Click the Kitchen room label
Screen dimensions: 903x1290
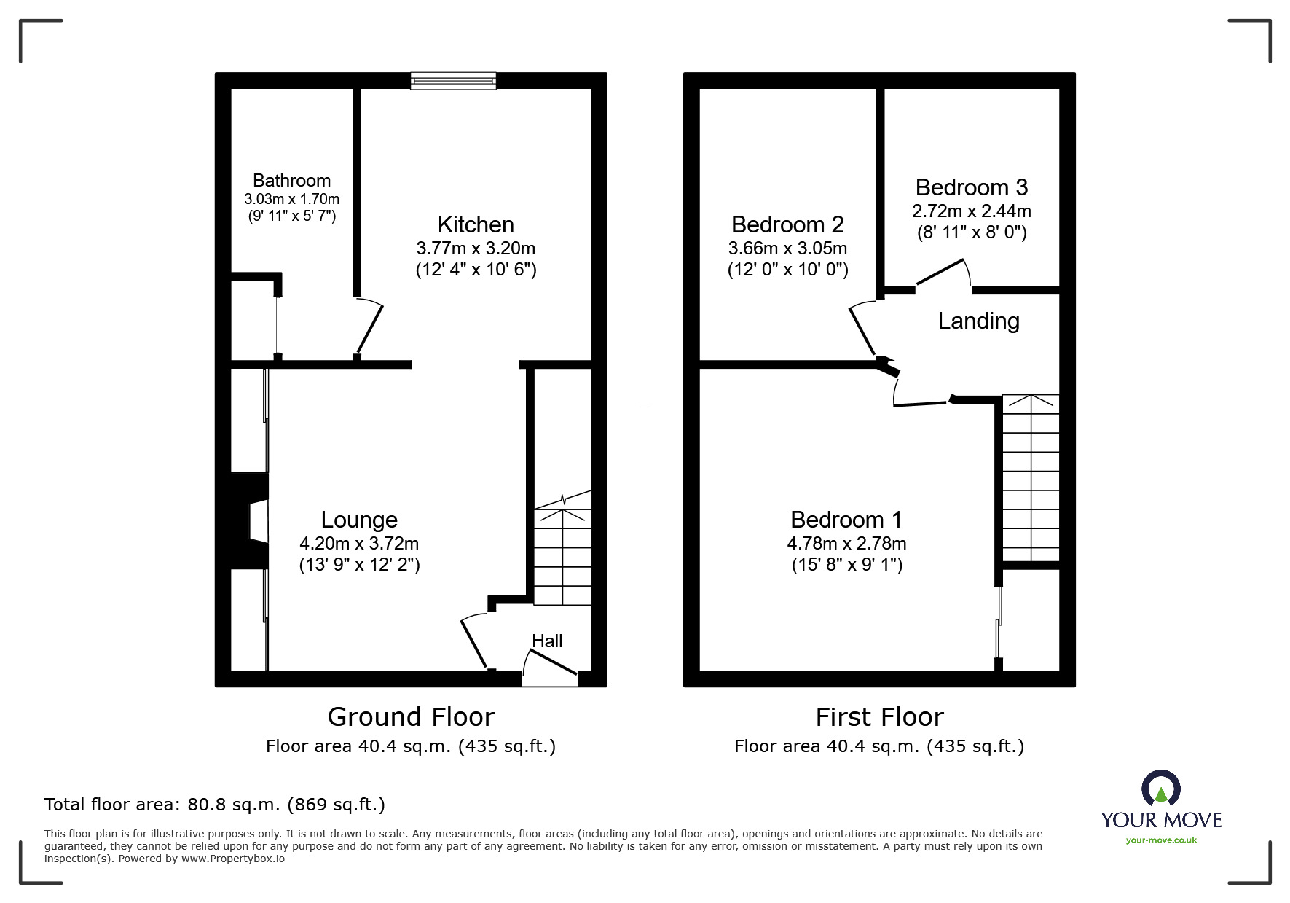[x=476, y=224]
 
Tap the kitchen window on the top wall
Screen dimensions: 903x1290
[x=453, y=80]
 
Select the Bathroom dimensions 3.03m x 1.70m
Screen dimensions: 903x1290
[x=291, y=199]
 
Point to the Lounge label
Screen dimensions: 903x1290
[x=359, y=520]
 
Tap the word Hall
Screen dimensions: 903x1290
[x=547, y=641]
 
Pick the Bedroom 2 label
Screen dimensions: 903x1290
[x=787, y=224]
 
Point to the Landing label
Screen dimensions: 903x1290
[x=978, y=321]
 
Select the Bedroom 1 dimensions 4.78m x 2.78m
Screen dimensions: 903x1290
[x=846, y=544]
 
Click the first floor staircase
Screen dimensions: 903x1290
[x=1030, y=478]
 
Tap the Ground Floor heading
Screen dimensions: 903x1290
[x=411, y=717]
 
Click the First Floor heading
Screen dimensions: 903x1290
[x=879, y=717]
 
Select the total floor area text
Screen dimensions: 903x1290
[x=215, y=805]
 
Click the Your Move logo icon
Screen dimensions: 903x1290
[x=1160, y=789]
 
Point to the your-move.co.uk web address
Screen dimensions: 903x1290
[x=1161, y=840]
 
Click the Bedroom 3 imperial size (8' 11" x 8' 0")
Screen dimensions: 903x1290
[x=972, y=233]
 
